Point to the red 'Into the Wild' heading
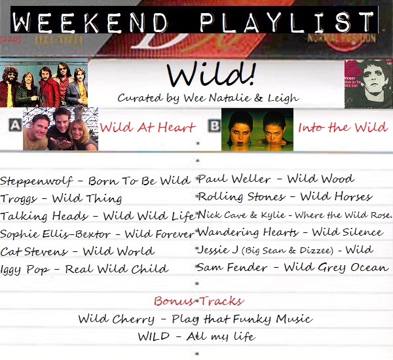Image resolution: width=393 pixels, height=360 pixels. tap(343, 127)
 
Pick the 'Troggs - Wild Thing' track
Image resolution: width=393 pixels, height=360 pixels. tap(61, 198)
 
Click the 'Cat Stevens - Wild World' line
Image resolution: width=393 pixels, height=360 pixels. tap(77, 251)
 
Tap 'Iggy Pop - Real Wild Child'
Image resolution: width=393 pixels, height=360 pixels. tap(84, 269)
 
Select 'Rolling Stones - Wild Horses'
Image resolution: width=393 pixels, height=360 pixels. tap(285, 196)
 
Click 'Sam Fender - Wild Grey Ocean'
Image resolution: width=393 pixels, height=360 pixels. tap(292, 267)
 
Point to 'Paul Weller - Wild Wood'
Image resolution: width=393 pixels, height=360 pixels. tap(276, 179)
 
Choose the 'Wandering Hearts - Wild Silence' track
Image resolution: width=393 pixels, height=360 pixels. tap(290, 232)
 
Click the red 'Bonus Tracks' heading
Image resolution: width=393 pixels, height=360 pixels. tap(198, 301)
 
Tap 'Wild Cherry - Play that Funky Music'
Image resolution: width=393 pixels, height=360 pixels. tap(195, 319)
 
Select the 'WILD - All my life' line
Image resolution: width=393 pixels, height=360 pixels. tap(196, 336)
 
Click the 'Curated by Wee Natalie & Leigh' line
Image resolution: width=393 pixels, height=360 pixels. tap(208, 98)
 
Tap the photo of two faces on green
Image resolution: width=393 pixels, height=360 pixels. tap(257, 130)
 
